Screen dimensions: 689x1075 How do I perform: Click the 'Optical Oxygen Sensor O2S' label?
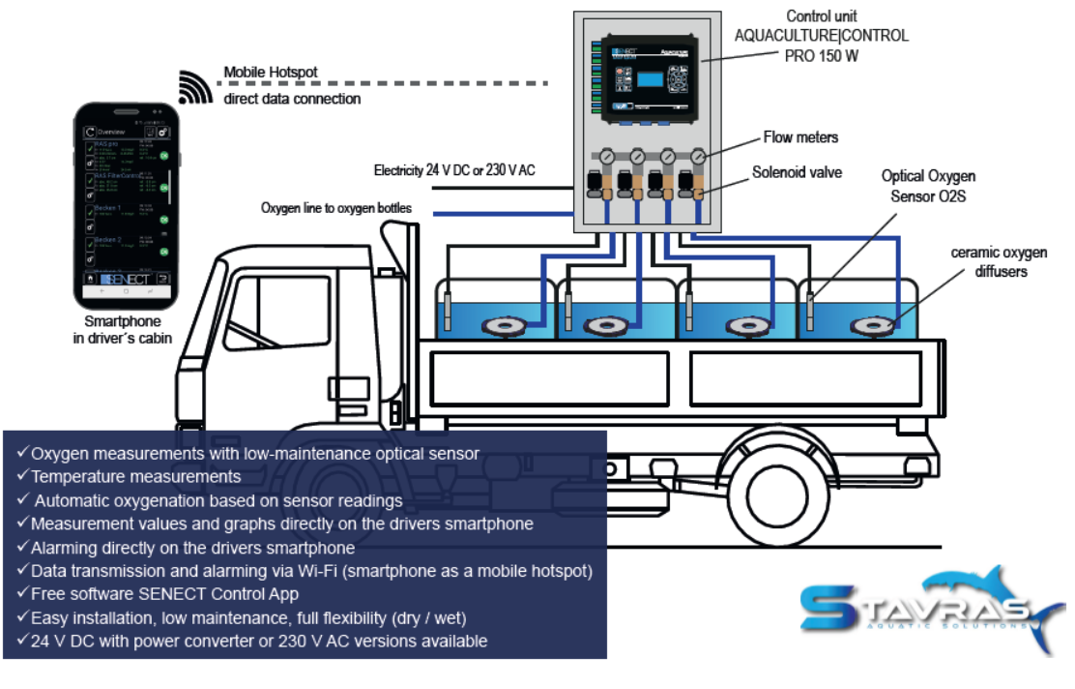coord(928,185)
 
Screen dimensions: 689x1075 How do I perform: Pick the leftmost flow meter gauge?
coord(605,155)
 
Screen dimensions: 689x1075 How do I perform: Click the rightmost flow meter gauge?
coord(699,155)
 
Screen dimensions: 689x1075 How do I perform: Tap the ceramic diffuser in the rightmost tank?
coord(868,327)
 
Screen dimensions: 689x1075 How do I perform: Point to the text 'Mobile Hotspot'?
coord(271,72)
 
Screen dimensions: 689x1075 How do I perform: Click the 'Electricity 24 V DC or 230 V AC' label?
coord(454,170)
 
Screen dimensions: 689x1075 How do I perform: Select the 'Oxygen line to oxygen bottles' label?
coord(336,208)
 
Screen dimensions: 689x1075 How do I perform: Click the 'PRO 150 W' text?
coord(822,55)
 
